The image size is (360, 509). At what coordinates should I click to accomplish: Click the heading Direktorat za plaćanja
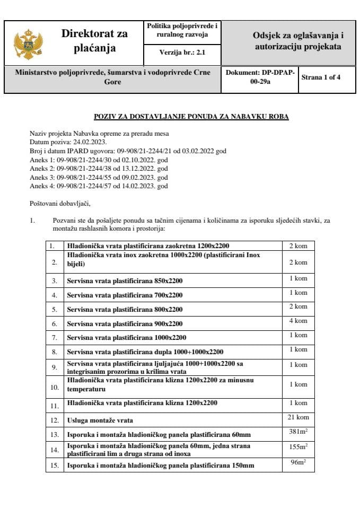coord(94,41)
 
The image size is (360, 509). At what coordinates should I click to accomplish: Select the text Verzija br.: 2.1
coord(182,53)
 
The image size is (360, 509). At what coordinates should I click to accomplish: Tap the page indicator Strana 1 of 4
coord(321,77)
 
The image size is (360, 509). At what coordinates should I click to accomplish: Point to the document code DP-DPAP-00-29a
coord(260,77)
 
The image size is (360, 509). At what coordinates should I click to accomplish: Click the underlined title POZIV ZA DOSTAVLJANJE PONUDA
coord(191,117)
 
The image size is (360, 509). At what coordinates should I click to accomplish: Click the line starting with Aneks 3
coord(99,178)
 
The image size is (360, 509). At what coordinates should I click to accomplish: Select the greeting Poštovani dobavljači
coord(60,203)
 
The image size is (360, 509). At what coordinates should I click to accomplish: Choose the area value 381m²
coord(297,432)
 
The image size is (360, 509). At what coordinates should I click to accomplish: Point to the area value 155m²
coord(297,447)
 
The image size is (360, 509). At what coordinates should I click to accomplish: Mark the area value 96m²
coord(297,462)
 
